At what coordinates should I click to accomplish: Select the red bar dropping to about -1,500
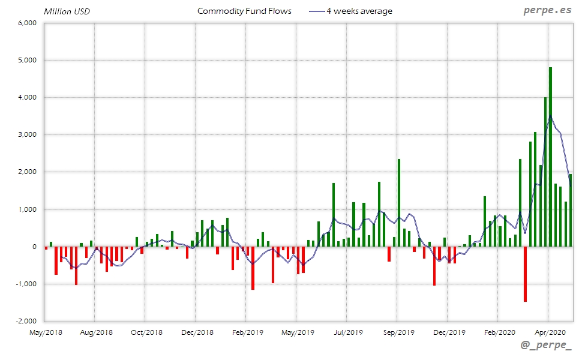click(x=525, y=274)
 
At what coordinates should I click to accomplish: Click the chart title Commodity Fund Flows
click(x=244, y=11)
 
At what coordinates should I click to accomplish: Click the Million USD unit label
click(x=67, y=11)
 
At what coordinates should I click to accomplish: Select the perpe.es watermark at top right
click(x=548, y=11)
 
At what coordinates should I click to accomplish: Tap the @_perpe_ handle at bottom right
click(x=547, y=346)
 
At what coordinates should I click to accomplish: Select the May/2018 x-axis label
click(x=45, y=332)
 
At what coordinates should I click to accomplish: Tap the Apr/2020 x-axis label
click(x=547, y=332)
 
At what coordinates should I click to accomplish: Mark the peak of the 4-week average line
click(x=550, y=116)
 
